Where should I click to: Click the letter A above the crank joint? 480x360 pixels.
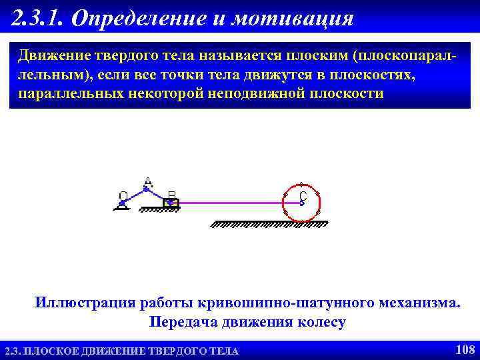(148, 182)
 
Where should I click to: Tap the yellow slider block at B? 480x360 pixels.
(171, 202)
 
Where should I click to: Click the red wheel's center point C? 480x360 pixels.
(301, 201)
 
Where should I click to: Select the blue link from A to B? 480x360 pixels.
(159, 195)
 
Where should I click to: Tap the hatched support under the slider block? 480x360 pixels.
(160, 209)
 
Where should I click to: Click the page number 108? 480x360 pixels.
(464, 349)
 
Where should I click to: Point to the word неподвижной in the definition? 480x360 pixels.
(259, 93)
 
